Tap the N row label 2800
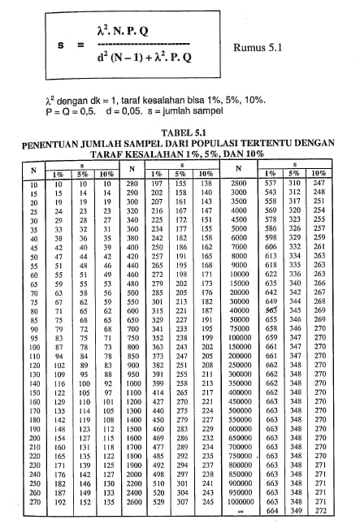238,184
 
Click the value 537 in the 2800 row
271,184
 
